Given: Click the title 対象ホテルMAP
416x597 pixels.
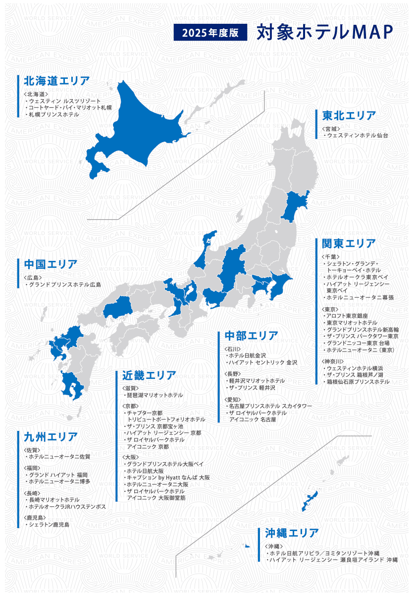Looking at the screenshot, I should point(325,32).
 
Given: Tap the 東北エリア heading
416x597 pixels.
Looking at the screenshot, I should point(349,116).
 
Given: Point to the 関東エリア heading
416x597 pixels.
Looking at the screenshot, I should point(349,244).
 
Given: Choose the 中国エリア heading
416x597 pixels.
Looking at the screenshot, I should point(51,264).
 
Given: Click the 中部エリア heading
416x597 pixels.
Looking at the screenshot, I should point(252,336).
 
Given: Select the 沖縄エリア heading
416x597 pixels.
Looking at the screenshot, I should point(292,534).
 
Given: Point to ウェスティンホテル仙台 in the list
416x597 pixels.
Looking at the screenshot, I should point(357,135).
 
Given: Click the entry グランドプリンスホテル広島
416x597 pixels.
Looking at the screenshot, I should point(64,285).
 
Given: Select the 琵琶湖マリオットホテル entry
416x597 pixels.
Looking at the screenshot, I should point(155,396).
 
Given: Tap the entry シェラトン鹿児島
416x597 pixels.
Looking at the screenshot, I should point(49,525).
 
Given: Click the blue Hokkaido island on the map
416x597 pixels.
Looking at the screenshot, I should point(134,129).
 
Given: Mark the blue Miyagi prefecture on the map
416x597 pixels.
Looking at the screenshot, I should point(296,204).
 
